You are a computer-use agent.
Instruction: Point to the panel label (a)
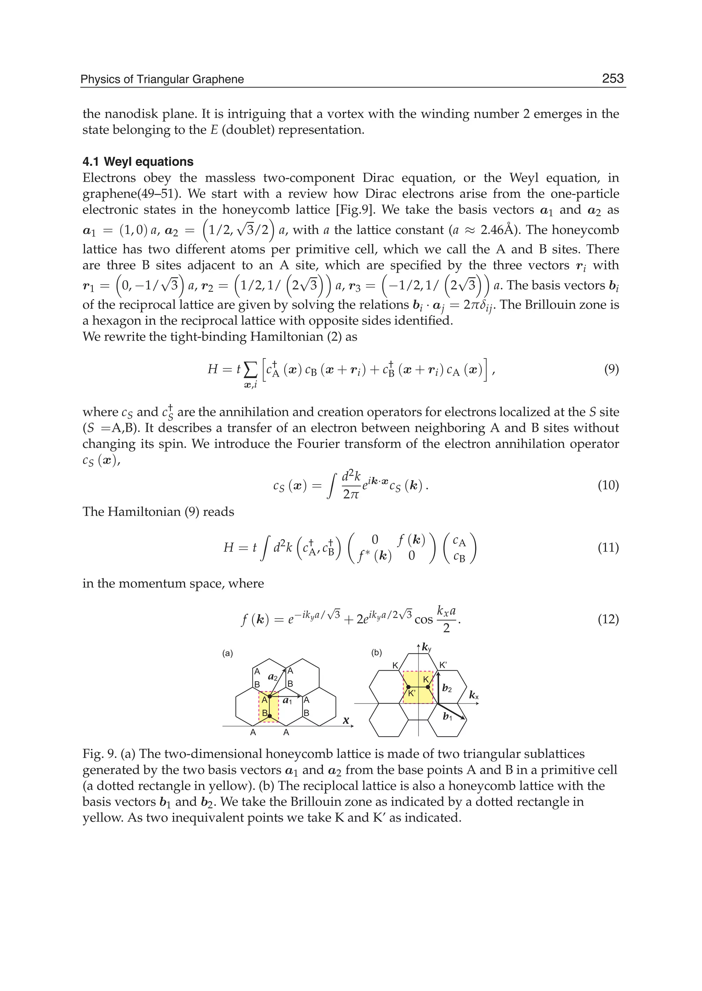click(227, 653)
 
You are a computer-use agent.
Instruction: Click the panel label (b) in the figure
click(376, 652)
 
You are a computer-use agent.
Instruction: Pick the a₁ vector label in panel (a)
click(288, 700)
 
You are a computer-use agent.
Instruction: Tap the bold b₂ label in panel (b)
click(447, 688)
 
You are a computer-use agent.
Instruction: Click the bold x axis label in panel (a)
click(346, 720)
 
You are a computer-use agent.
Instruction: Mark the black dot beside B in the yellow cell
click(270, 716)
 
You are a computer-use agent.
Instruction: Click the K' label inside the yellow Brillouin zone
click(412, 694)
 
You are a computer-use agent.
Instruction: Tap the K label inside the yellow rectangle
click(426, 680)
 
